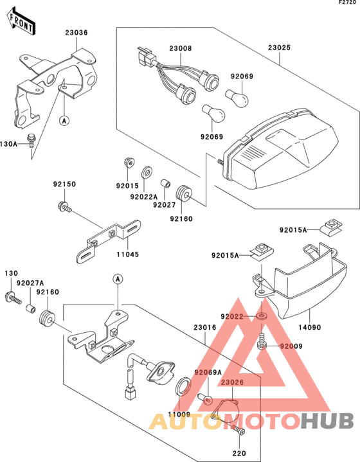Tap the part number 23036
pos(76,32)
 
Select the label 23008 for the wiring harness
pos(181,48)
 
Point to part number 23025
pos(279,48)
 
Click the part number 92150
pos(64,184)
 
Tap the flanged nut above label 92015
pos(129,162)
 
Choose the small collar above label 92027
pos(165,183)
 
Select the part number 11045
pos(128,254)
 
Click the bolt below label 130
pos(14,298)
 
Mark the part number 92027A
pos(30,283)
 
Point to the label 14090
pos(310,327)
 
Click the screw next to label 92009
pos(262,341)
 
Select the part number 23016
pos(205,327)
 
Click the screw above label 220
pos(239,430)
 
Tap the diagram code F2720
pos(347,3)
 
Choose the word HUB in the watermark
pos(327,422)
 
